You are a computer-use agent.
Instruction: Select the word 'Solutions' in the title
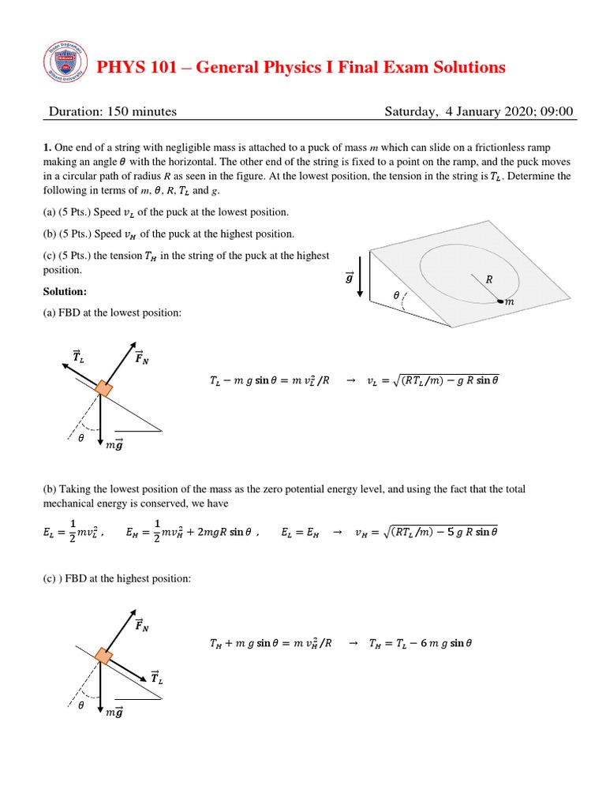click(464, 68)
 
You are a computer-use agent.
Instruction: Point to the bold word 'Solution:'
click(65, 292)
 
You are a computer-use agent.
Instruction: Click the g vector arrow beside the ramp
click(360, 278)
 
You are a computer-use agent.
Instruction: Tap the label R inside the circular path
click(488, 279)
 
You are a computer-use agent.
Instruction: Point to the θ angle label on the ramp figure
click(396, 295)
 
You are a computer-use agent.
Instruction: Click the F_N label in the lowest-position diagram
click(142, 359)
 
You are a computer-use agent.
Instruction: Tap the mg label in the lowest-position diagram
click(114, 447)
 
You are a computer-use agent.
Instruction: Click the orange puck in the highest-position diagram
click(103, 656)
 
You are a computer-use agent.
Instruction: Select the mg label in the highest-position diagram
click(114, 713)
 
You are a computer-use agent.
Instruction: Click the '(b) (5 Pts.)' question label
click(70, 234)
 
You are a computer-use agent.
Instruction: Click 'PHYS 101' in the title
click(129, 68)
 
